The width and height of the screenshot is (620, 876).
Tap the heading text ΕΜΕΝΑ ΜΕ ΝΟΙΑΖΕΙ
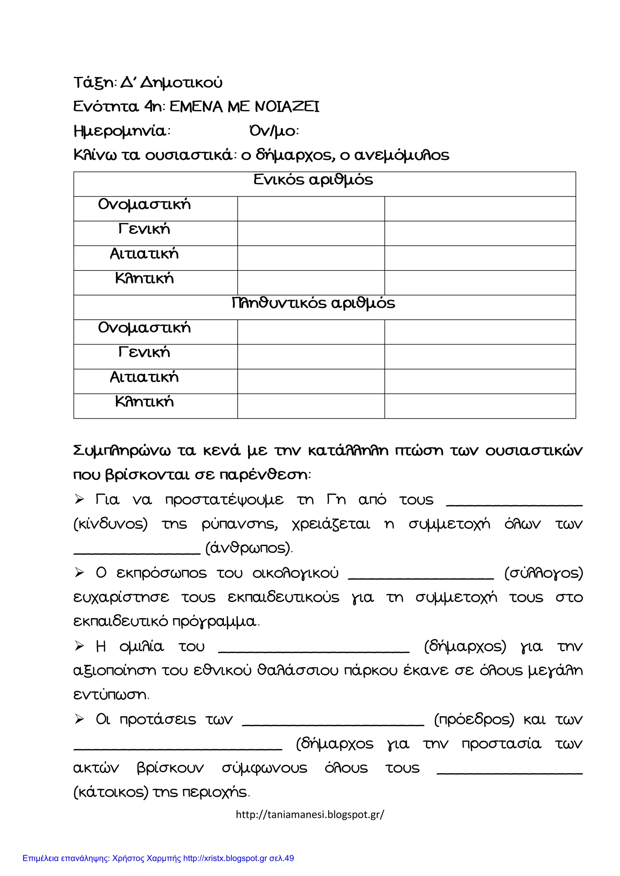pos(244,107)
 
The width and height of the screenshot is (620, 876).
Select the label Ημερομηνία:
pos(122,131)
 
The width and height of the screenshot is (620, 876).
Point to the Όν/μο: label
pos(274,131)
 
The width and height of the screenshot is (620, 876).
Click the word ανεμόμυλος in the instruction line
pos(402,155)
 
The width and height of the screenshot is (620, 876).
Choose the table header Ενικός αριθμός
pos(313,180)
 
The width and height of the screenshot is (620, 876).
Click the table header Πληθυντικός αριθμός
pos(313,303)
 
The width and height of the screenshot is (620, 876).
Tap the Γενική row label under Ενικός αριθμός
pos(144,229)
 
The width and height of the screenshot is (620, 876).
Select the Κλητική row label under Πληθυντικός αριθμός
pos(144,402)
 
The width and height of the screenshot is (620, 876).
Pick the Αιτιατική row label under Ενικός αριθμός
pos(144,254)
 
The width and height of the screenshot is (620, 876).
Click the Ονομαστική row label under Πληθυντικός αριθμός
pos(144,328)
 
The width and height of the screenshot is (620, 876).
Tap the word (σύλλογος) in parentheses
pos(544,573)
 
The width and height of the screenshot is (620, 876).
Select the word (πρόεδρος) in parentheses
pos(474,720)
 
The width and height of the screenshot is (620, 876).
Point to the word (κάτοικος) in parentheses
pos(111,793)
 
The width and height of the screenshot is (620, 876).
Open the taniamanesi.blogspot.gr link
pos(310,815)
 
